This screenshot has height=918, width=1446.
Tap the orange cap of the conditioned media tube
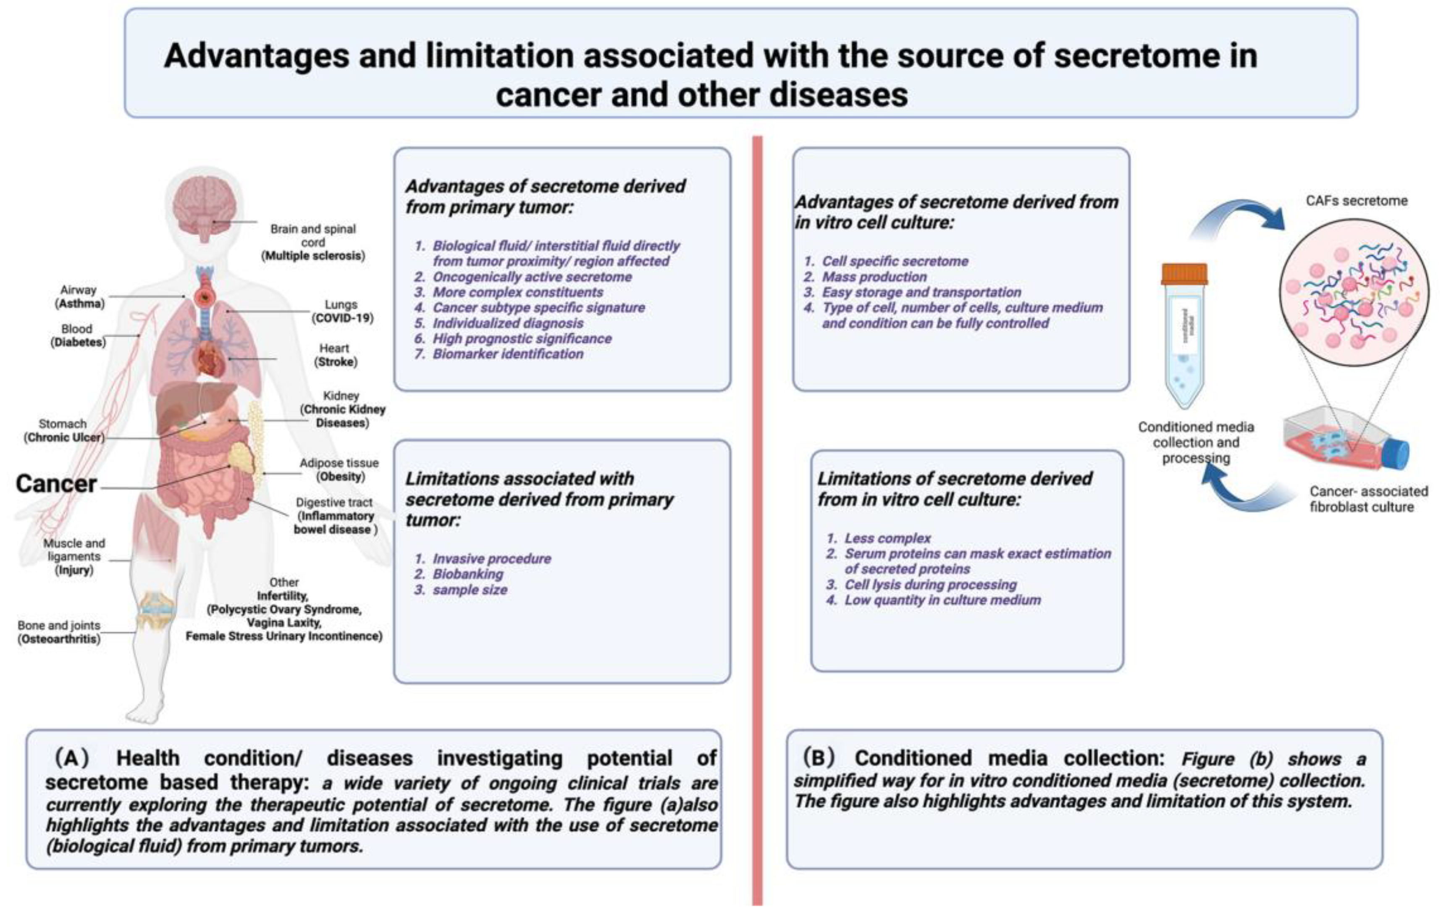(1184, 274)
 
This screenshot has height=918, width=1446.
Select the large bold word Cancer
(56, 484)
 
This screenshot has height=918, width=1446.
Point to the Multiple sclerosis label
(313, 256)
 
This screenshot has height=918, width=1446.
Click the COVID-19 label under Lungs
(342, 318)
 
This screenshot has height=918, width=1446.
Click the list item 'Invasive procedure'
(491, 559)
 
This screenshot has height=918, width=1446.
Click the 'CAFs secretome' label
(1356, 201)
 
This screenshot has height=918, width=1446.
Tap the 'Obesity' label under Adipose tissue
(341, 477)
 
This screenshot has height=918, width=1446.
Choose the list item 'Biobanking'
(468, 574)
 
